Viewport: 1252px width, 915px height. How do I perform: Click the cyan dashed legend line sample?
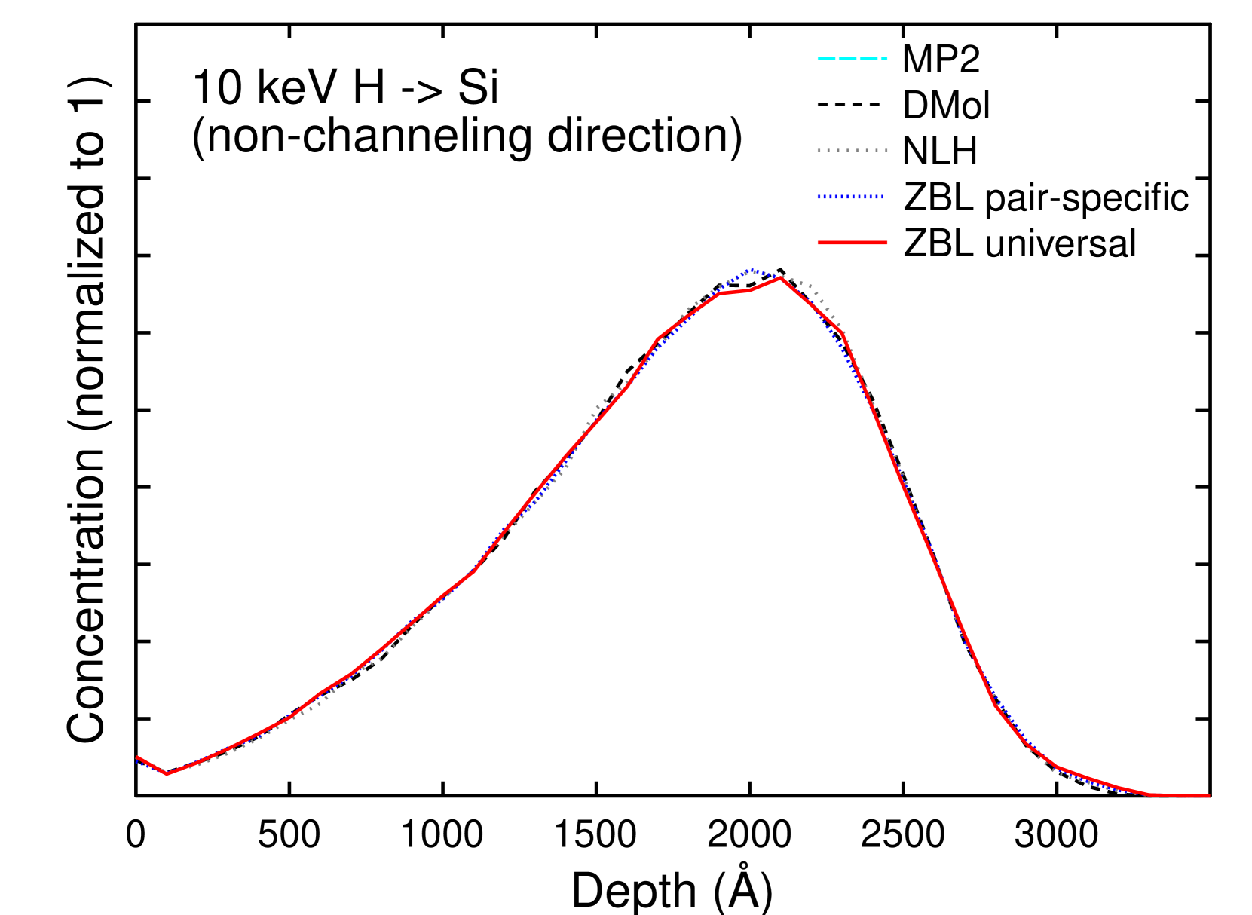852,58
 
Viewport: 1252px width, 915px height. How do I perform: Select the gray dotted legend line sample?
852,151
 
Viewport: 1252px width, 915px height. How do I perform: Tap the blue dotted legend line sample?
850,197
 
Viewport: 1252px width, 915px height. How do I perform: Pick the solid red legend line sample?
852,243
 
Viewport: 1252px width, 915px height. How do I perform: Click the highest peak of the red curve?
781,277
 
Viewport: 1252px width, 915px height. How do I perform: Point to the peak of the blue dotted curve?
751,270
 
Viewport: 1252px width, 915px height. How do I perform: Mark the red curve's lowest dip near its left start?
167,774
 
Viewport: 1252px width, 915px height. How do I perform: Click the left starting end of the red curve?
137,757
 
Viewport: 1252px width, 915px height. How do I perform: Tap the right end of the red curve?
1208,796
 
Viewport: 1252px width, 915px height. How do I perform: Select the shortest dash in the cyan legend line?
884,58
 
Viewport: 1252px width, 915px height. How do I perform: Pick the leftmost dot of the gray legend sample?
819,151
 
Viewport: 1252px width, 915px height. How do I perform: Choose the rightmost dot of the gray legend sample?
886,151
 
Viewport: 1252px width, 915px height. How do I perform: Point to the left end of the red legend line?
819,243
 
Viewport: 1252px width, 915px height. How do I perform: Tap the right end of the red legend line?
886,243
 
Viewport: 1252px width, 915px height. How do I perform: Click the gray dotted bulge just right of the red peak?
810,287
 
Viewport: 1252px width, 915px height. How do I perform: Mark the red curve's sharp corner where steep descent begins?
841,332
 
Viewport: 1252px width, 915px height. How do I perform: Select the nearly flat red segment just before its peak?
735,291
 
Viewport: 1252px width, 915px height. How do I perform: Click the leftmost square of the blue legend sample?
819,197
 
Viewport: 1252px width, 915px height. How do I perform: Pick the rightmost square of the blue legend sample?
881,197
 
